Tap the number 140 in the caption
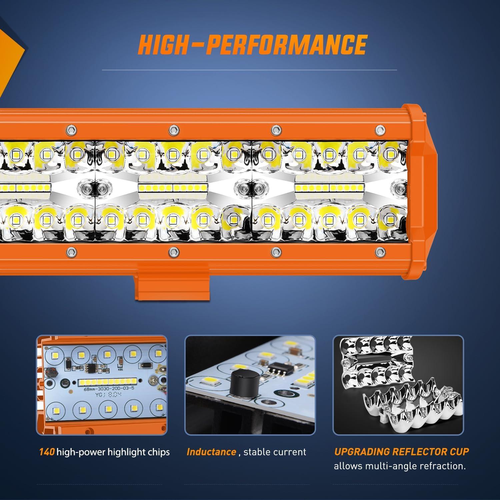click(x=47, y=452)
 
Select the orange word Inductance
click(x=211, y=452)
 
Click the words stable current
click(x=275, y=452)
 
